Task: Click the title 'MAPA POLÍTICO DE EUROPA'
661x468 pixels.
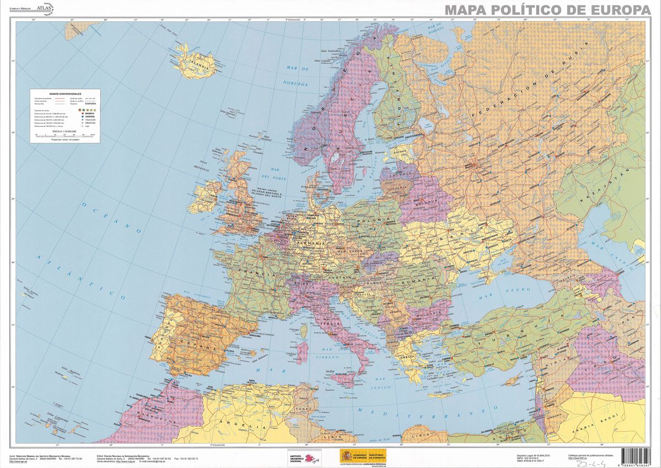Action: click(x=548, y=10)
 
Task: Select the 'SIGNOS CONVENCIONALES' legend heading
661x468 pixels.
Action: click(x=65, y=94)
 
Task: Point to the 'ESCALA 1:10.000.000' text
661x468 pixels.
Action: click(x=66, y=131)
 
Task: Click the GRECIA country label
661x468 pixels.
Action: click(x=407, y=357)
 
